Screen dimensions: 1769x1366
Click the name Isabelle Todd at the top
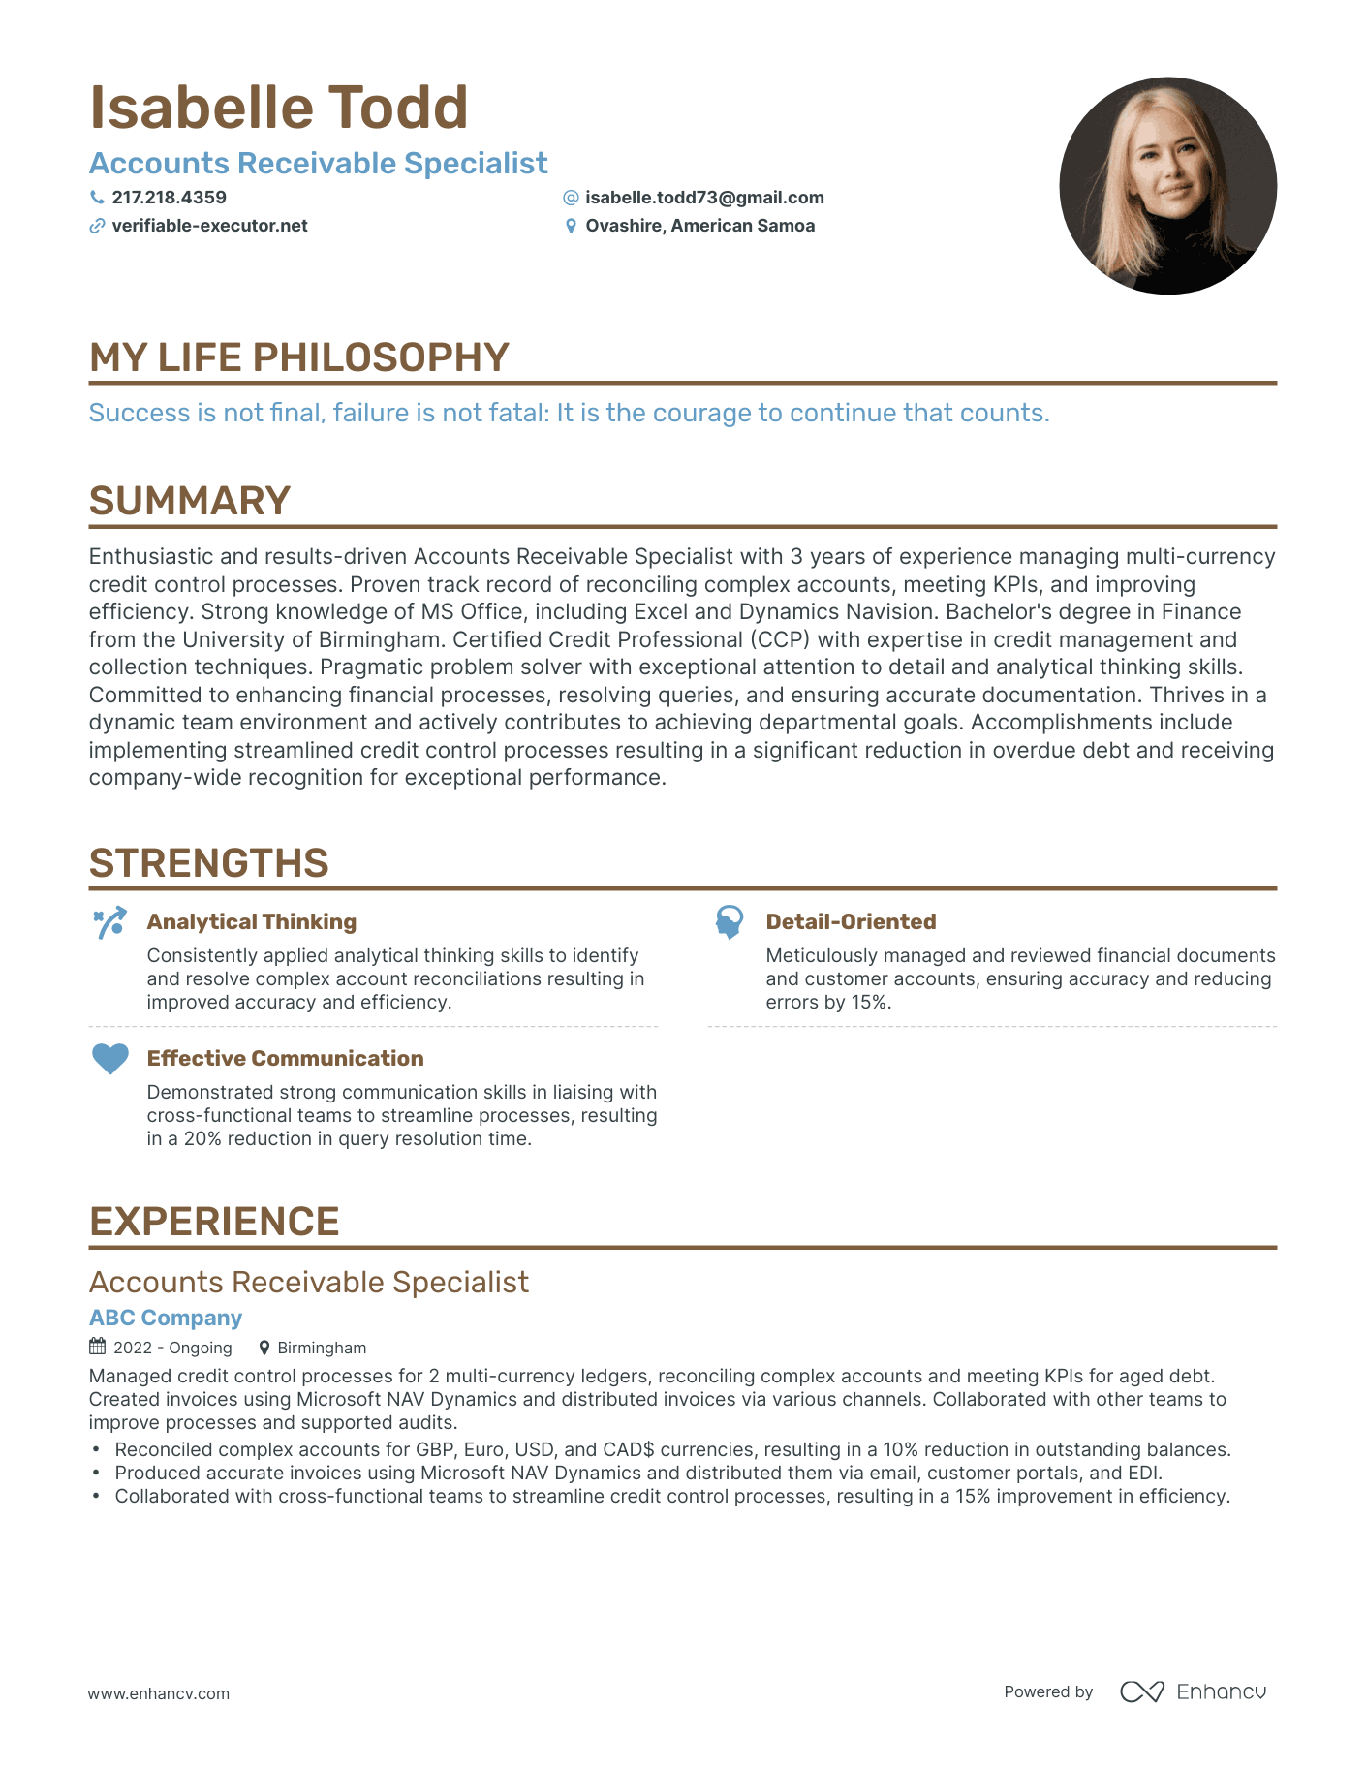click(279, 108)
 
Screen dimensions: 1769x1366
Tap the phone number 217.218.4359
click(169, 198)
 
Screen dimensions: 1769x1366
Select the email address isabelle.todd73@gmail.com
click(704, 198)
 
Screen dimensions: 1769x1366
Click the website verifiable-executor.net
click(209, 226)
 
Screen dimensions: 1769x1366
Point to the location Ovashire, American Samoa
click(699, 226)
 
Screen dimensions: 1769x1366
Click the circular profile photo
click(1167, 186)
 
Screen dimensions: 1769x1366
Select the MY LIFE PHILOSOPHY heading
click(298, 357)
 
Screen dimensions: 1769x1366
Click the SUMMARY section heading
click(190, 501)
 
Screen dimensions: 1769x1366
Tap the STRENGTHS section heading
click(209, 863)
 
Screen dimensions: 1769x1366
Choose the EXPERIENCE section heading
click(214, 1222)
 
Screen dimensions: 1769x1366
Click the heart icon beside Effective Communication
click(109, 1059)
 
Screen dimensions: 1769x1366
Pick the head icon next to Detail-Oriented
click(730, 922)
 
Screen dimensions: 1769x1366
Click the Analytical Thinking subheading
click(252, 922)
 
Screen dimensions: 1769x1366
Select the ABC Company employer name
click(166, 1318)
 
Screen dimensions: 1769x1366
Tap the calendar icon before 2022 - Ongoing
click(98, 1347)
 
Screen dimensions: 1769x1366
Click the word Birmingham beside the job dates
click(322, 1348)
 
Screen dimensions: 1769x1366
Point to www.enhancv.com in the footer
click(159, 1693)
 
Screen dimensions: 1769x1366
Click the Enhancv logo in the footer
click(1194, 1691)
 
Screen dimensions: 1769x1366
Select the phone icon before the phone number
click(97, 198)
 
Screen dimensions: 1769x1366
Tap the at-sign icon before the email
click(571, 198)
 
